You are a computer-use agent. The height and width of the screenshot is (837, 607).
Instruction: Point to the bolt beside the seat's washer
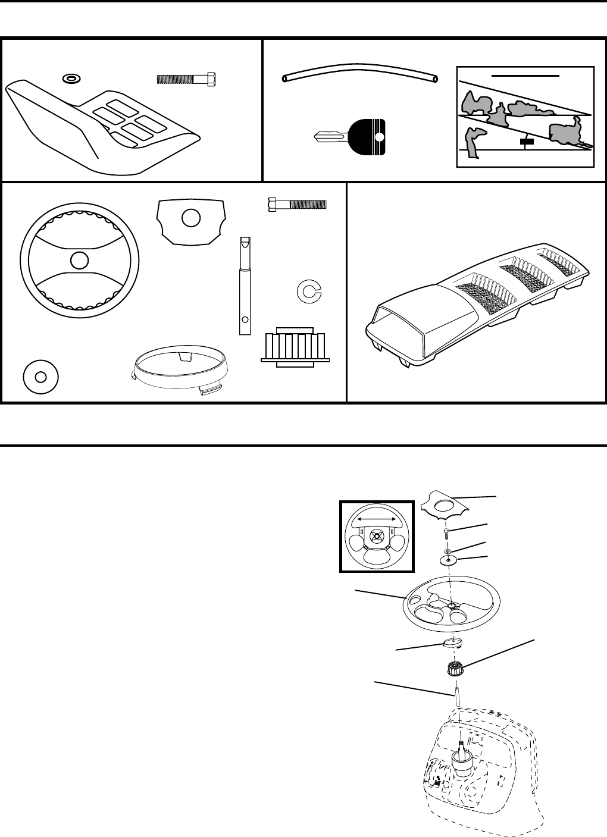pos(186,79)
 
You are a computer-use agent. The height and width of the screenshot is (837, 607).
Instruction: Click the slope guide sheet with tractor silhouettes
pos(525,117)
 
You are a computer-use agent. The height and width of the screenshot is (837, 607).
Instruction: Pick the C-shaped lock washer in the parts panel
pos(308,290)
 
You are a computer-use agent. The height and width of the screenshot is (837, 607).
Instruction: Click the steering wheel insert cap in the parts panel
pos(190,219)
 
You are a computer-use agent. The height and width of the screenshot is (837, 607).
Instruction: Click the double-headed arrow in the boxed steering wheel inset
pos(376,519)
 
